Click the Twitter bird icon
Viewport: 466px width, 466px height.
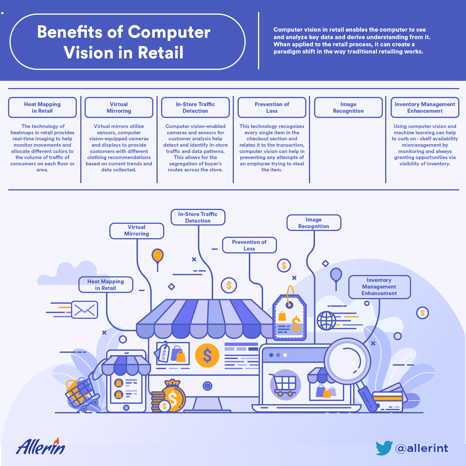pyautogui.click(x=384, y=448)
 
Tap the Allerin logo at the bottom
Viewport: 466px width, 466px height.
pyautogui.click(x=41, y=446)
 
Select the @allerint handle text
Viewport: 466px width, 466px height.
pyautogui.click(x=422, y=448)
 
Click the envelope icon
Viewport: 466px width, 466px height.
pyautogui.click(x=85, y=310)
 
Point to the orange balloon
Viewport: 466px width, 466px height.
pyautogui.click(x=158, y=255)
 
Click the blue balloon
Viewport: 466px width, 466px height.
pyautogui.click(x=336, y=274)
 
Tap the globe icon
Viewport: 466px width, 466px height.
pyautogui.click(x=326, y=321)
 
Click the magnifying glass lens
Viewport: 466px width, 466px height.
pyautogui.click(x=347, y=361)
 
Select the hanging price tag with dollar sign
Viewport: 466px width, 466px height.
pyautogui.click(x=289, y=317)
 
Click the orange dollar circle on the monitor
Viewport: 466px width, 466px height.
pyautogui.click(x=207, y=356)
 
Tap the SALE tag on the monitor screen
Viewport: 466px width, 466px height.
pyautogui.click(x=163, y=353)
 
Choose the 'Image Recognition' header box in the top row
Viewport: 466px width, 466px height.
pyautogui.click(x=348, y=108)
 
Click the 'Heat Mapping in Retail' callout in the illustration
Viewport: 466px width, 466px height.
pyautogui.click(x=106, y=285)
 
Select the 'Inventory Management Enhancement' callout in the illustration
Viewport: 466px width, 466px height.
pyautogui.click(x=379, y=287)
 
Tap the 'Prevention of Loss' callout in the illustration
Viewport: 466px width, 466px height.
pyautogui.click(x=249, y=245)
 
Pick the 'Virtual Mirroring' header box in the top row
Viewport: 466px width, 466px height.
pyautogui.click(x=119, y=108)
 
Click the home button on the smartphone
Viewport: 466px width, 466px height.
pyautogui.click(x=126, y=408)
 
